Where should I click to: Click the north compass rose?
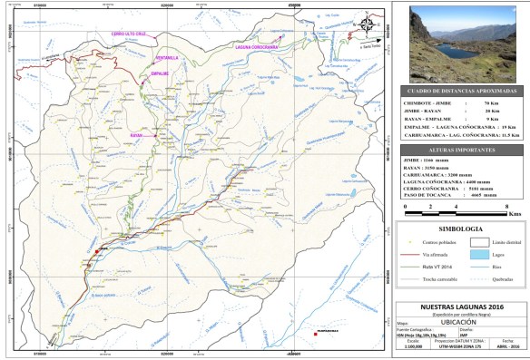[366, 24]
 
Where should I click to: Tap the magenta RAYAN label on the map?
[137, 136]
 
